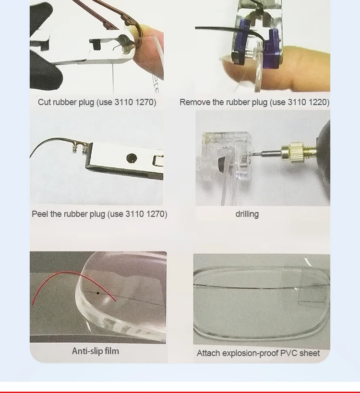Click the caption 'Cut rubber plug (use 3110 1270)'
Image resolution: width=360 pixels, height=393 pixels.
[x=97, y=102]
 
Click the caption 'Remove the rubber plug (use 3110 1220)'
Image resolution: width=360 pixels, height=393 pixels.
[x=254, y=102]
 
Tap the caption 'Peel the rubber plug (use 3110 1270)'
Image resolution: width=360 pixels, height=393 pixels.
[x=99, y=214]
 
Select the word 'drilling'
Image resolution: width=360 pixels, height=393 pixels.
[x=247, y=214]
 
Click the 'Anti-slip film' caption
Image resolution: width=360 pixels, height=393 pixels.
[x=96, y=351]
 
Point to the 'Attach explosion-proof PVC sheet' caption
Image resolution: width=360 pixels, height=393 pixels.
[x=258, y=353]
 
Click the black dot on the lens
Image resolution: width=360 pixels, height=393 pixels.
[x=98, y=293]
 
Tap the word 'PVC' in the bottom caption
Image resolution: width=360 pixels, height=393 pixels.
[x=290, y=353]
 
